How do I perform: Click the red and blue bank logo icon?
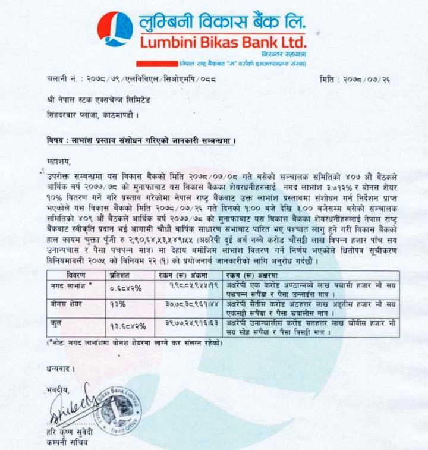pos(115,29)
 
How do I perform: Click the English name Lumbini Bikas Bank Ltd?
pos(224,42)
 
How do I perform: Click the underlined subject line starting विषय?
pos(141,141)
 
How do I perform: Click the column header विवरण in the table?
pos(75,275)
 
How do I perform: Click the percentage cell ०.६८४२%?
pos(126,288)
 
